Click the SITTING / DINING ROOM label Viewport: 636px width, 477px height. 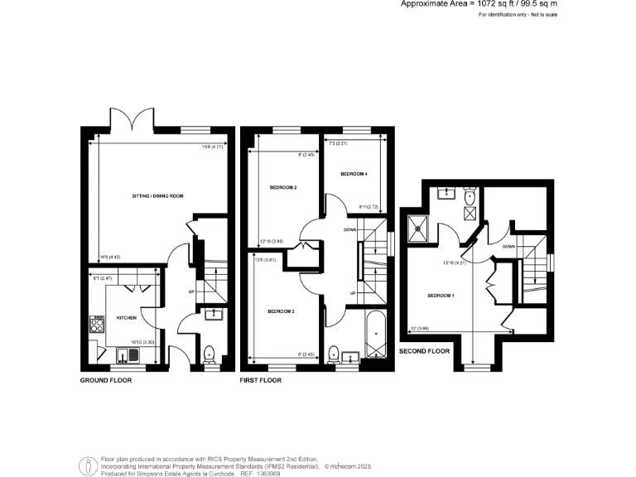(x=157, y=195)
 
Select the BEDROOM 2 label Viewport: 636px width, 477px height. (x=283, y=188)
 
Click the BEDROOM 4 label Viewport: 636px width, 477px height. (x=354, y=174)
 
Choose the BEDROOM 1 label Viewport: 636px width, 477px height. (x=440, y=295)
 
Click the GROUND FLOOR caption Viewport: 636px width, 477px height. (x=105, y=381)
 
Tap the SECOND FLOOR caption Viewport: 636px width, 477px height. (x=424, y=351)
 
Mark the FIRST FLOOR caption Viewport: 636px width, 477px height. (x=260, y=381)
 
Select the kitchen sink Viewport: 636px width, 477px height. (x=132, y=357)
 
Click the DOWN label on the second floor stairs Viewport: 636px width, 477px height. (x=508, y=247)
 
